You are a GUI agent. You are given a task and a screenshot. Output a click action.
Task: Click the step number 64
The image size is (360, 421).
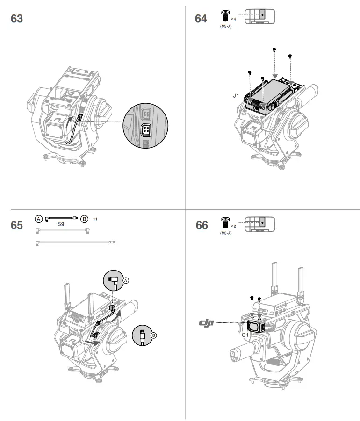coord(201,19)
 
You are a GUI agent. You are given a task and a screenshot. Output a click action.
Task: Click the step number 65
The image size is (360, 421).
coord(17,225)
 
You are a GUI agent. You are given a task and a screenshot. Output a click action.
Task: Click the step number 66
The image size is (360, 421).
coord(202,225)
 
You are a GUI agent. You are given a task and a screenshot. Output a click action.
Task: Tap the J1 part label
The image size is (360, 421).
coord(236,95)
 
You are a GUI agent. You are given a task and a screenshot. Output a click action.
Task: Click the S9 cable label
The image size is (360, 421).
coord(60,224)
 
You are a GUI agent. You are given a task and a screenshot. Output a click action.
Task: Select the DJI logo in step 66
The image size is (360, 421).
coord(206,323)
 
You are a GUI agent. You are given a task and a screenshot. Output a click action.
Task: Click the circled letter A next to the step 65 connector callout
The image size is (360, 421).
coord(125,280)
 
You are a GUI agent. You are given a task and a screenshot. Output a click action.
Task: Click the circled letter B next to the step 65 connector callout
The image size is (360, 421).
coord(154,335)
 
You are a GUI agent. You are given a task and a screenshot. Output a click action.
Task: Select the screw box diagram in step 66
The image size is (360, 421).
coord(259,222)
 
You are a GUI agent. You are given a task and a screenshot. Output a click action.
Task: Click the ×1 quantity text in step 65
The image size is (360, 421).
coord(95,219)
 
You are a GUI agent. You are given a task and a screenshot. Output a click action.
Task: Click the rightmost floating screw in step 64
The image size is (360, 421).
coord(290,57)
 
